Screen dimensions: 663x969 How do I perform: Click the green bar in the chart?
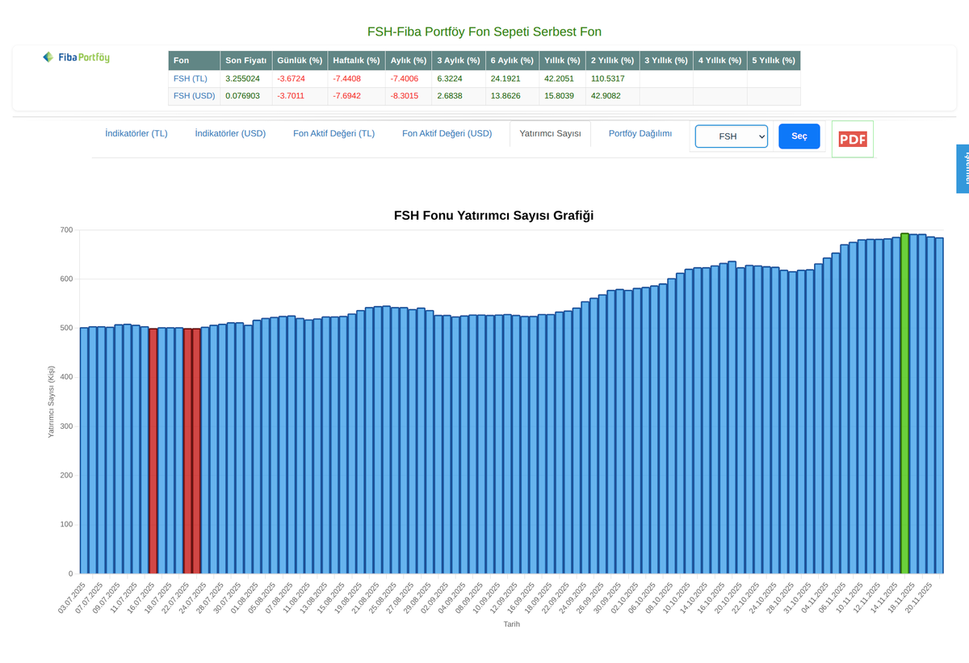click(904, 404)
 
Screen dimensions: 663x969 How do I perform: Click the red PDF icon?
click(852, 139)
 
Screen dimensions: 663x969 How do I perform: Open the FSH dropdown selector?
click(731, 136)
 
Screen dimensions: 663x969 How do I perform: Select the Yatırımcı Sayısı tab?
click(550, 134)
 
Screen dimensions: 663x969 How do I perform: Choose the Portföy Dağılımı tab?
click(640, 134)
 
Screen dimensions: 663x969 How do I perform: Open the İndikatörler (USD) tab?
click(230, 134)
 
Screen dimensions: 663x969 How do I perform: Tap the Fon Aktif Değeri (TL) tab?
click(333, 134)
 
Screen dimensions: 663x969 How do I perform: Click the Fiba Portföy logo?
click(77, 57)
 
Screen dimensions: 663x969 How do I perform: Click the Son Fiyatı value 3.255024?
click(242, 79)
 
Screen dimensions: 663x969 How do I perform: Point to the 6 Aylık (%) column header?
click(512, 61)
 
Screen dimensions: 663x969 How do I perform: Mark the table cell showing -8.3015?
click(404, 96)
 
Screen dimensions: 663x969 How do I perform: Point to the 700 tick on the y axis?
click(65, 230)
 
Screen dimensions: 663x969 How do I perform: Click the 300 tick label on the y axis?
click(65, 426)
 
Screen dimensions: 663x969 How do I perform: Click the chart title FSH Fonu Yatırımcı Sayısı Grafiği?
click(493, 216)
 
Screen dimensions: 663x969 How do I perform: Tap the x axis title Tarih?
click(511, 624)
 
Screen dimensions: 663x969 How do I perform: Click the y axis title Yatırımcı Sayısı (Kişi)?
click(50, 401)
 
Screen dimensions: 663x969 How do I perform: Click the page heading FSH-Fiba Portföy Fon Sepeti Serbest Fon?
click(484, 32)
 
